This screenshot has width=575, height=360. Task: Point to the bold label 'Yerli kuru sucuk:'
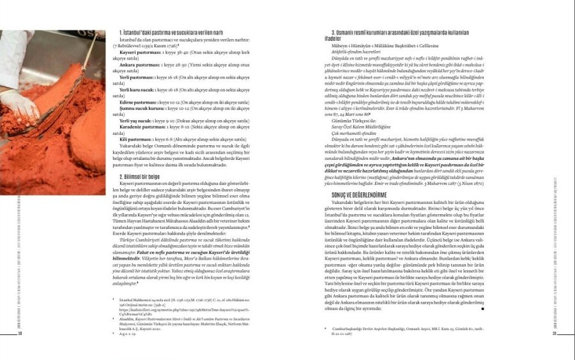click(137, 90)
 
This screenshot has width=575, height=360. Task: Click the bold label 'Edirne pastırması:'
click(139, 102)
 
